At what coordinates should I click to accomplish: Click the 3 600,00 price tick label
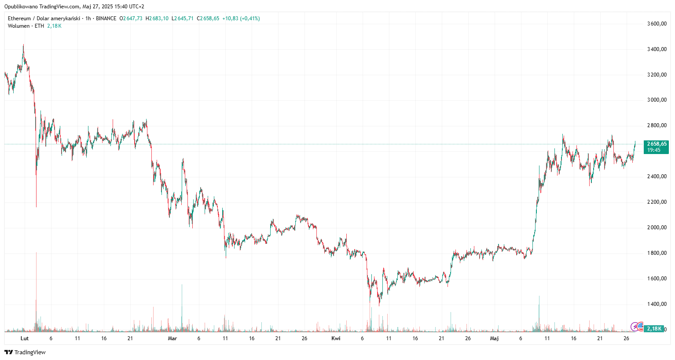pyautogui.click(x=657, y=24)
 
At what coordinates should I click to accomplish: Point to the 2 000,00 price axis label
pyautogui.click(x=657, y=228)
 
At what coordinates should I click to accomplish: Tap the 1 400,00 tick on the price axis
pyautogui.click(x=657, y=304)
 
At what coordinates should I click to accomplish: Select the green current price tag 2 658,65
pyautogui.click(x=656, y=144)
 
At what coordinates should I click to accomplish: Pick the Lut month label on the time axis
pyautogui.click(x=25, y=338)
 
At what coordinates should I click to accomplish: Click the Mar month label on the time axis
pyautogui.click(x=172, y=338)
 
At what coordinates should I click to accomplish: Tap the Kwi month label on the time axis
pyautogui.click(x=336, y=338)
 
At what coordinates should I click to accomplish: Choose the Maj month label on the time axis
pyautogui.click(x=495, y=338)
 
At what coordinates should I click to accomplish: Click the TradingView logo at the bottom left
pyautogui.click(x=25, y=352)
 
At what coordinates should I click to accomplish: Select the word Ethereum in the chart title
pyautogui.click(x=19, y=18)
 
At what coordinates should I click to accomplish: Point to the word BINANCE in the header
pyautogui.click(x=106, y=18)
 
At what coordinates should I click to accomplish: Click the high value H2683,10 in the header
pyautogui.click(x=157, y=18)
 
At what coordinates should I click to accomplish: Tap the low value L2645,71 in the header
pyautogui.click(x=183, y=18)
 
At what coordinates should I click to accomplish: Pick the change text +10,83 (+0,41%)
pyautogui.click(x=241, y=18)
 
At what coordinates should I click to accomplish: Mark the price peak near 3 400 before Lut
pyautogui.click(x=23, y=44)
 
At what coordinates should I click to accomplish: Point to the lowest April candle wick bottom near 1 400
pyautogui.click(x=379, y=305)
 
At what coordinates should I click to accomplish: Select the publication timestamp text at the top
pyautogui.click(x=74, y=7)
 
